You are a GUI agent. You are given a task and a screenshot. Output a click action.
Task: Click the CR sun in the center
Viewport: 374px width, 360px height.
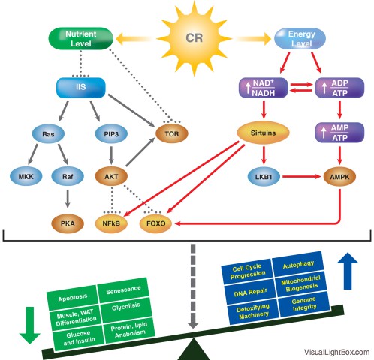[195, 38]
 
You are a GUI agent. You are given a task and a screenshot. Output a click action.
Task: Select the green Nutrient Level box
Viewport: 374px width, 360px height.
[80, 39]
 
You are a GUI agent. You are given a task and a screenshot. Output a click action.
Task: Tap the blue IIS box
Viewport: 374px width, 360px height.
[81, 87]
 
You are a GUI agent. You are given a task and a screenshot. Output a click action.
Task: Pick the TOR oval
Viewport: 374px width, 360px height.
[172, 134]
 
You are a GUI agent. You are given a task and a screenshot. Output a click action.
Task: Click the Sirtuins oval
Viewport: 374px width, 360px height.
[263, 133]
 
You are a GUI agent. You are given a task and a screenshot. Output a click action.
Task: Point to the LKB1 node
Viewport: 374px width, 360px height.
[264, 177]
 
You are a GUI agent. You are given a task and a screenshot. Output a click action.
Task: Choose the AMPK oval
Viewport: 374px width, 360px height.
[339, 177]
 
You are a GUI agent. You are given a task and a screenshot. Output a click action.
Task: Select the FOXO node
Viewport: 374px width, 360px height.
[155, 223]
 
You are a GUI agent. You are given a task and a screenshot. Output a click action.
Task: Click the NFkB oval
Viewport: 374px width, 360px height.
[111, 223]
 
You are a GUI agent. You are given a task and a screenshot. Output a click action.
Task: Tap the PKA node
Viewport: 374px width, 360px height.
[68, 223]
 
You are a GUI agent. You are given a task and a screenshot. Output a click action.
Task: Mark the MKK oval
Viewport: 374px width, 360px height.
[26, 177]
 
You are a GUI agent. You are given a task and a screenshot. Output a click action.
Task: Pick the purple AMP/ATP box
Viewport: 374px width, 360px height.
[339, 133]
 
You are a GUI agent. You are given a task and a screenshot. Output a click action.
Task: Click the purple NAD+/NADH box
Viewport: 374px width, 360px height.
[264, 88]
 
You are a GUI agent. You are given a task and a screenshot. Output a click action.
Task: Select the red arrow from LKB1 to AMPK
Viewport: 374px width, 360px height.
[302, 177]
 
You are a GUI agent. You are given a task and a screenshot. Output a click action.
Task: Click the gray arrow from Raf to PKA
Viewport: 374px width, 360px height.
[68, 199]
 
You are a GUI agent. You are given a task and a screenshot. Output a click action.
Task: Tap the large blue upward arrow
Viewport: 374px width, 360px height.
[348, 271]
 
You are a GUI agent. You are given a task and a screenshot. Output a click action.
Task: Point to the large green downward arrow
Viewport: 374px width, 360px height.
[30, 325]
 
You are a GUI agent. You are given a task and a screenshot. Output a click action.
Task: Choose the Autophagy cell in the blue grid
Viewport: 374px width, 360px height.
[298, 265]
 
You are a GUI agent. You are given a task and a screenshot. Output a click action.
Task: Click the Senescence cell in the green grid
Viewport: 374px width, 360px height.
[123, 290]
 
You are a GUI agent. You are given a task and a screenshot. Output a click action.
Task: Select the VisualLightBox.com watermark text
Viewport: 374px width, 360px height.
[337, 352]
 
